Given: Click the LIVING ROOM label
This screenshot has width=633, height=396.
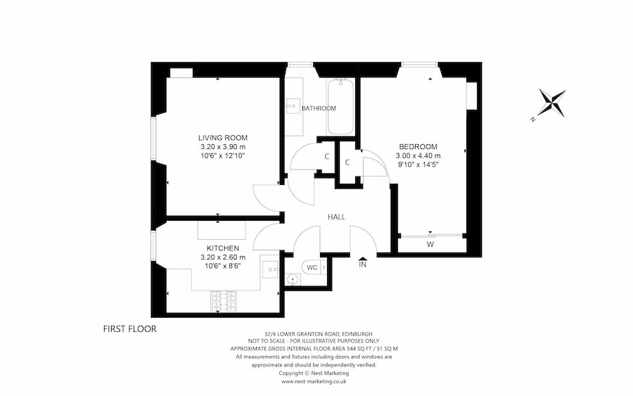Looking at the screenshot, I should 222,137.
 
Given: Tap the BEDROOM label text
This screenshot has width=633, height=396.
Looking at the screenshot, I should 418,146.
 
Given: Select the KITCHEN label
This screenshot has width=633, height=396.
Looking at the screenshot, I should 222,248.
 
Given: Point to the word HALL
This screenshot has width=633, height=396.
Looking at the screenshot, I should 335,217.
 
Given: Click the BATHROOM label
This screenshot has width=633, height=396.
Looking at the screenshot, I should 319,108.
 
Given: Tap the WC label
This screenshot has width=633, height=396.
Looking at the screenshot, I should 312,268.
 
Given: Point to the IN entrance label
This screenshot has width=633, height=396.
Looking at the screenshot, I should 363,265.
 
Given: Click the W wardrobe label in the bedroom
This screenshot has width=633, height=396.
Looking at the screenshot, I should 430,245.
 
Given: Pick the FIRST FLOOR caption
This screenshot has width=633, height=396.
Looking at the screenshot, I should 129,328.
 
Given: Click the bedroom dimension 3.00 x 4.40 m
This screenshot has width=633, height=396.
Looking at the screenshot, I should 418,156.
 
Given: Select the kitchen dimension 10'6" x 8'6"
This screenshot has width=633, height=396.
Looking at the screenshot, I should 222,267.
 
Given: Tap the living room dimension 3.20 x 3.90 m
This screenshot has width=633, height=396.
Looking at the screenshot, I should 222,146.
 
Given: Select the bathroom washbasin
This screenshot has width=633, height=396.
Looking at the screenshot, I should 293,108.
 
